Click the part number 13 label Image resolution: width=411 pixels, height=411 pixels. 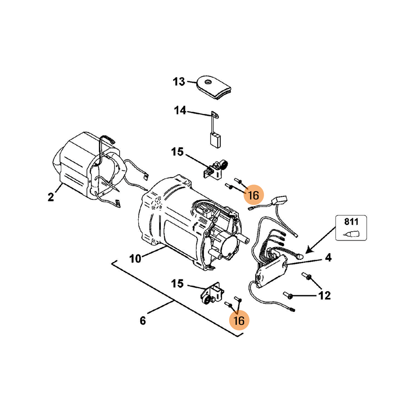[x=178, y=82]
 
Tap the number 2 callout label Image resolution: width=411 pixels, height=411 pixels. [x=51, y=197]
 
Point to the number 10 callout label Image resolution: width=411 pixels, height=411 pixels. [x=135, y=258]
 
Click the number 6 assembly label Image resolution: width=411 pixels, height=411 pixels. [x=143, y=321]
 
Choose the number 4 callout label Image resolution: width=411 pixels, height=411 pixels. [x=328, y=258]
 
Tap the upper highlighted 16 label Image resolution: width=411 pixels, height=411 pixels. [x=253, y=195]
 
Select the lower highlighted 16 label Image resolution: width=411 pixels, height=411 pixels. [x=239, y=320]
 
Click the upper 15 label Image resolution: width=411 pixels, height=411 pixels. [x=177, y=152]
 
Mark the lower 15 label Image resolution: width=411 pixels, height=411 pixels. [x=177, y=283]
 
